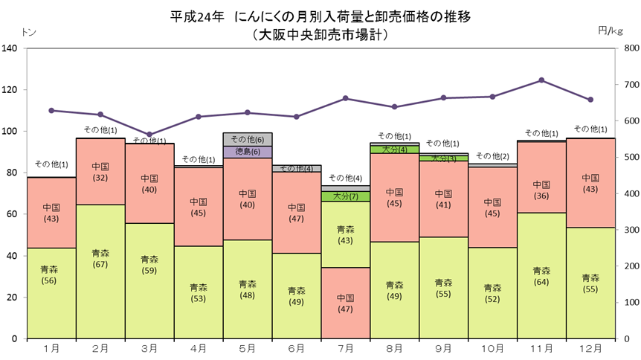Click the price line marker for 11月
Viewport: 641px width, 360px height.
(541, 80)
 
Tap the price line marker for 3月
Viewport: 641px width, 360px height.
(149, 135)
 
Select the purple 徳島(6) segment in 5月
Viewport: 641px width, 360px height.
(248, 152)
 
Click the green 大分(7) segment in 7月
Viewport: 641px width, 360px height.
(346, 196)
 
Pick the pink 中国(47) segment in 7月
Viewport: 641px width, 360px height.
(346, 303)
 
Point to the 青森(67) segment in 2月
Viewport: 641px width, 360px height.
(100, 271)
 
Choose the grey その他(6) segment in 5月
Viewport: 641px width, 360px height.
(248, 140)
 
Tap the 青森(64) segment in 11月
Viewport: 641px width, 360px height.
(541, 276)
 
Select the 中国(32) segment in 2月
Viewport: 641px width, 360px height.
(100, 172)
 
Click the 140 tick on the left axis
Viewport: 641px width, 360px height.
(10, 48)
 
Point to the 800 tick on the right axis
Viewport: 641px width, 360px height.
(631, 48)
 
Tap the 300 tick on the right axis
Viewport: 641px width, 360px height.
(631, 230)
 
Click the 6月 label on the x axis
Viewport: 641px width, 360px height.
(297, 349)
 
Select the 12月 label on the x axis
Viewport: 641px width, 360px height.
(590, 349)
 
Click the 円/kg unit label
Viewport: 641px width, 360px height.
(611, 30)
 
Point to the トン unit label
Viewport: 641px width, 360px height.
(28, 32)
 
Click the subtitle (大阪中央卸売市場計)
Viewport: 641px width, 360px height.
(320, 34)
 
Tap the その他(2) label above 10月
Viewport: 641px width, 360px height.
(492, 156)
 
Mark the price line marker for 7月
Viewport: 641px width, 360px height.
(346, 98)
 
